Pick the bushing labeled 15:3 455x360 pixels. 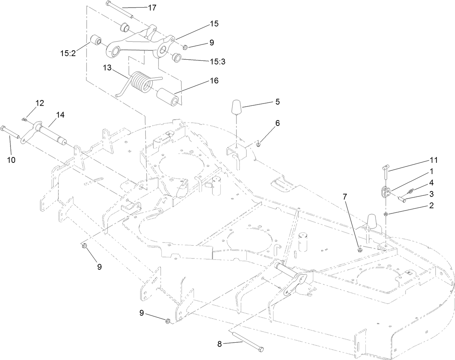[x=176, y=58]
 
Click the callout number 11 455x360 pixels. [x=433, y=160]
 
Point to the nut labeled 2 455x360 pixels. [x=386, y=214]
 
